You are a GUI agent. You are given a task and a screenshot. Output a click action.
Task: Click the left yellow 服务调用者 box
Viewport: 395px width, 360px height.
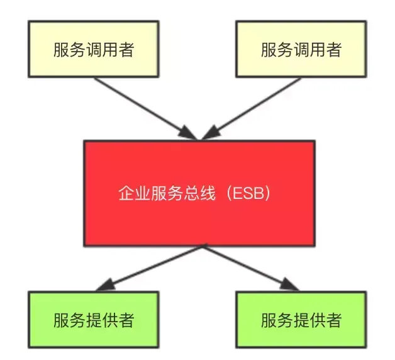click(x=92, y=50)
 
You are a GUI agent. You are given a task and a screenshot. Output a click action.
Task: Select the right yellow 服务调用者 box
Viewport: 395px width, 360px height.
click(x=301, y=50)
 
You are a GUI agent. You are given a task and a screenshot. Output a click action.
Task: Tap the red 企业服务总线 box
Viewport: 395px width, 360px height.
click(x=199, y=193)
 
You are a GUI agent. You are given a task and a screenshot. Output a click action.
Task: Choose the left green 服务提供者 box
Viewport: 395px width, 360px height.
click(x=92, y=320)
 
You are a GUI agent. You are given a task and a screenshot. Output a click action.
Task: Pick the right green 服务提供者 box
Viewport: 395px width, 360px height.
click(x=301, y=320)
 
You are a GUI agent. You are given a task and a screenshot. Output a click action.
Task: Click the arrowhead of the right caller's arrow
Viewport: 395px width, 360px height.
click(x=210, y=133)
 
